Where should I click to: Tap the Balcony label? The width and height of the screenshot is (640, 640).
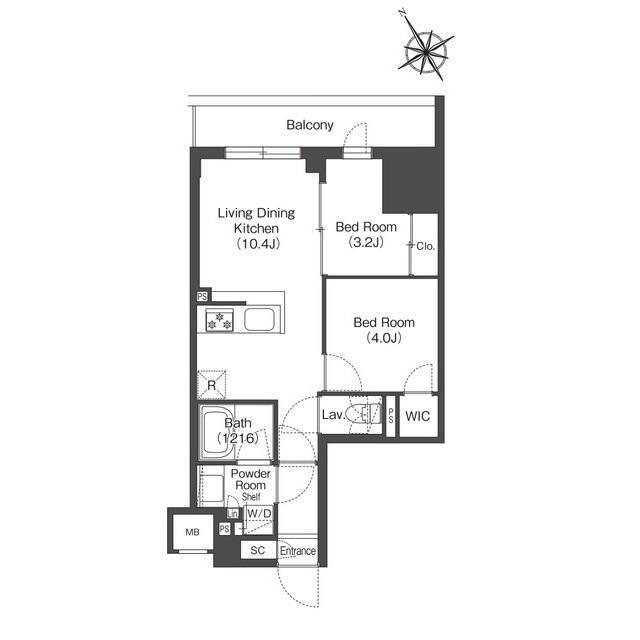[310, 125]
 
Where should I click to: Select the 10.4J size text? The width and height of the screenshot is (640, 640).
[257, 244]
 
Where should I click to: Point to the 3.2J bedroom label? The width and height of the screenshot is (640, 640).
[366, 235]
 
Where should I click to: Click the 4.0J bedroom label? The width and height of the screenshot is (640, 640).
[384, 330]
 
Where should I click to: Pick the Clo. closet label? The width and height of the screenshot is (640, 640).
[426, 246]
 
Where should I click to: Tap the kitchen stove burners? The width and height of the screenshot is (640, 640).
[219, 320]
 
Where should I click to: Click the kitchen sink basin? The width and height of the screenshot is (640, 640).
[259, 319]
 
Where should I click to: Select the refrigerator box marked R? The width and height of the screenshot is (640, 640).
[211, 384]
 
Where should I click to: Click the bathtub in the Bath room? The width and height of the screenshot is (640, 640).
[218, 432]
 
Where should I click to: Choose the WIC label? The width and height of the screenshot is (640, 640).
[418, 416]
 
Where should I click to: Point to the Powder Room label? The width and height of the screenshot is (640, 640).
[251, 480]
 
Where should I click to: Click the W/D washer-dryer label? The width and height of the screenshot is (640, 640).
[259, 513]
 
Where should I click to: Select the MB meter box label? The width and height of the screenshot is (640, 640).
[193, 532]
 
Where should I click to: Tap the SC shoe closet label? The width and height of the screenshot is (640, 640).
[258, 550]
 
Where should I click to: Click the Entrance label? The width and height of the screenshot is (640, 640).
[298, 551]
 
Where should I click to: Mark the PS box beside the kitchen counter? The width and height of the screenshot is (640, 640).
[202, 297]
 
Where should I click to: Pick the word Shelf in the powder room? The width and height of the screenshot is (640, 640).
[251, 497]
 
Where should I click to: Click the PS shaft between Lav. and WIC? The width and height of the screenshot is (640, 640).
[391, 416]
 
